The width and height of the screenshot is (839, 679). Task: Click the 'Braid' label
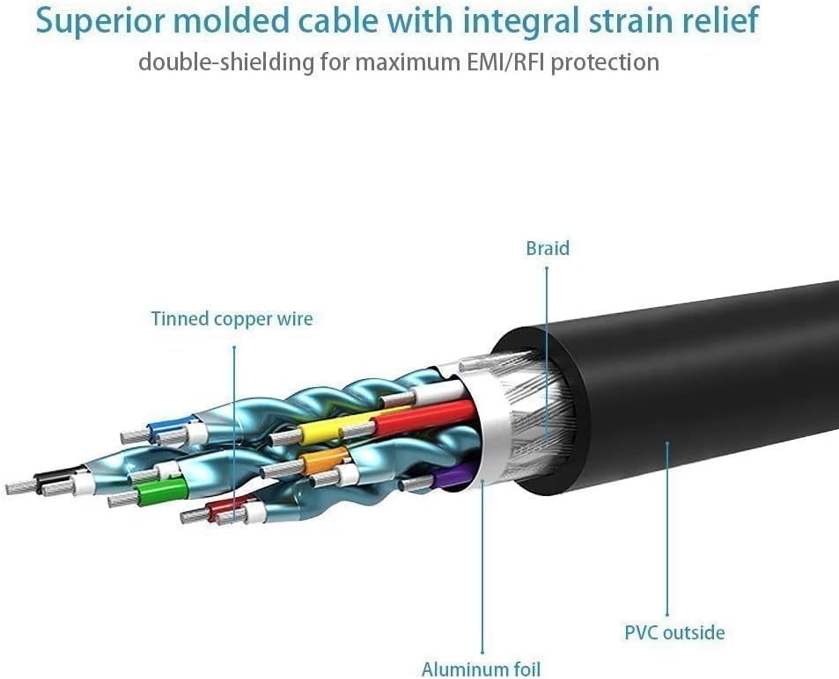[548, 248]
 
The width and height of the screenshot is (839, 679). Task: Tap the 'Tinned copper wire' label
[232, 318]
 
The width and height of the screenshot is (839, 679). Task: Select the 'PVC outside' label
[674, 632]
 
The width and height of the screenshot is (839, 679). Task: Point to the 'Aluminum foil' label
[481, 668]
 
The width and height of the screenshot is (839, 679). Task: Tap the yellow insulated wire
[322, 430]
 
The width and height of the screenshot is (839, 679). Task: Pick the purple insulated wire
[453, 478]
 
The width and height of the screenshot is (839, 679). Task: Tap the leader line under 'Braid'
[547, 352]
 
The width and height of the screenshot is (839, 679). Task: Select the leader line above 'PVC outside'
[667, 528]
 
